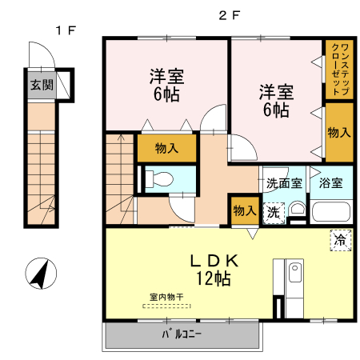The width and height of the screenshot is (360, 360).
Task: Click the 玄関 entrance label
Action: click(x=42, y=85)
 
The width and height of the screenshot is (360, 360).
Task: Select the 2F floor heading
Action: click(x=230, y=15)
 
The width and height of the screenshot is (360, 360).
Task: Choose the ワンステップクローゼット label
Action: click(x=338, y=70)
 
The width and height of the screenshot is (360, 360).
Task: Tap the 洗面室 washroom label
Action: click(x=284, y=182)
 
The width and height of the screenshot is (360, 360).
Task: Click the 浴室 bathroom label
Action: click(x=330, y=182)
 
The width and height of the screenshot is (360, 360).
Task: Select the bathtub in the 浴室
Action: click(x=330, y=212)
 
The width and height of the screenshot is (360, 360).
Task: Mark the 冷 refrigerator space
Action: click(x=339, y=239)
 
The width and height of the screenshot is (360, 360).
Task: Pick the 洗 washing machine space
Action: click(x=274, y=212)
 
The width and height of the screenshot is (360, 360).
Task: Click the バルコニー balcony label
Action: click(x=182, y=334)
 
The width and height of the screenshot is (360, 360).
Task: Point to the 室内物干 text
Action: click(x=166, y=297)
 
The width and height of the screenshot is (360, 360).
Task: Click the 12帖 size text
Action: click(x=211, y=278)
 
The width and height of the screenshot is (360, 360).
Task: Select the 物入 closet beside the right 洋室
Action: click(x=338, y=133)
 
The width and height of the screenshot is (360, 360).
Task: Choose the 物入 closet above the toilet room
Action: click(x=166, y=149)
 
